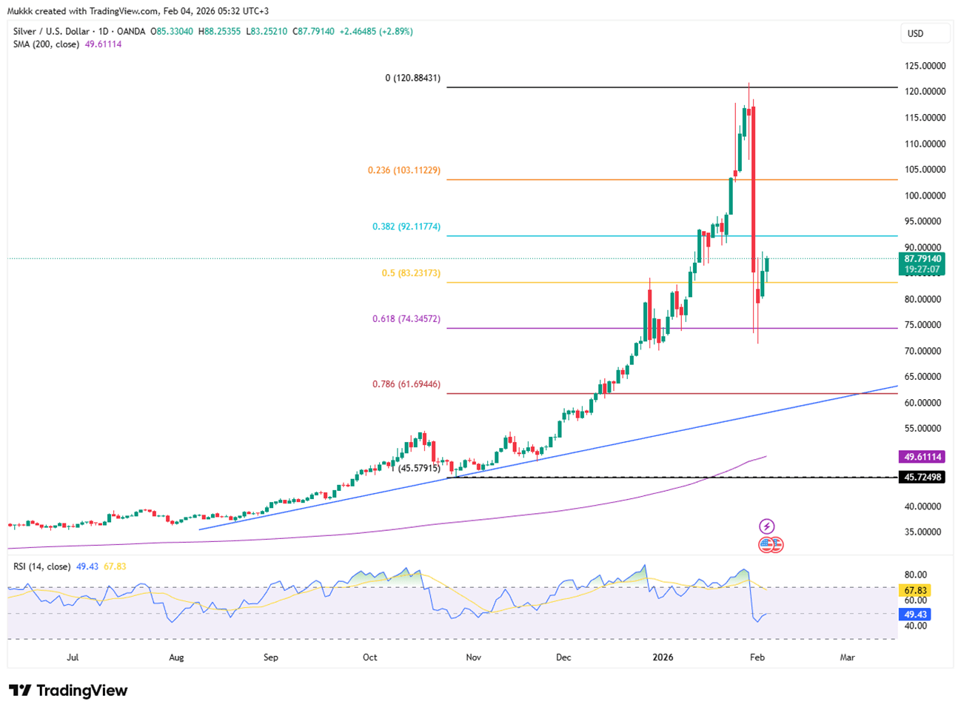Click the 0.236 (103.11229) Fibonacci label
click(404, 170)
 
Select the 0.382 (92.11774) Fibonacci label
click(406, 227)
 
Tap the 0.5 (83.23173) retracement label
click(411, 273)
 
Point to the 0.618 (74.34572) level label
click(406, 319)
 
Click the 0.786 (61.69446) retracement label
click(406, 384)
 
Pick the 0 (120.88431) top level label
click(412, 78)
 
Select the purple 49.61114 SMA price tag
click(922, 457)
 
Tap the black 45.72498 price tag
click(922, 478)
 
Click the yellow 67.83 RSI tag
click(915, 591)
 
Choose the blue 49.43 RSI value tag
click(915, 615)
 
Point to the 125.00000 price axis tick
click(925, 66)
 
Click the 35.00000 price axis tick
click(925, 532)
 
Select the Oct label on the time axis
click(370, 657)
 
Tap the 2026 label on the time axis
click(663, 657)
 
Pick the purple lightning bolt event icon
click(766, 526)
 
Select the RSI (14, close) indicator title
click(42, 566)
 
